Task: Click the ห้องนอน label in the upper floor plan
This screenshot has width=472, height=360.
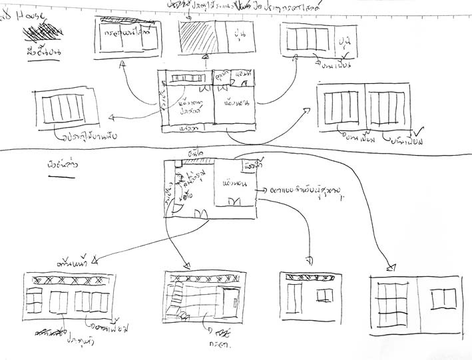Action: (x=237, y=102)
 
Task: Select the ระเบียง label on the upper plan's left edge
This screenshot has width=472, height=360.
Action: (x=163, y=100)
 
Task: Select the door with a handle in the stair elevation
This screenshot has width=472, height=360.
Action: (x=230, y=302)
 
